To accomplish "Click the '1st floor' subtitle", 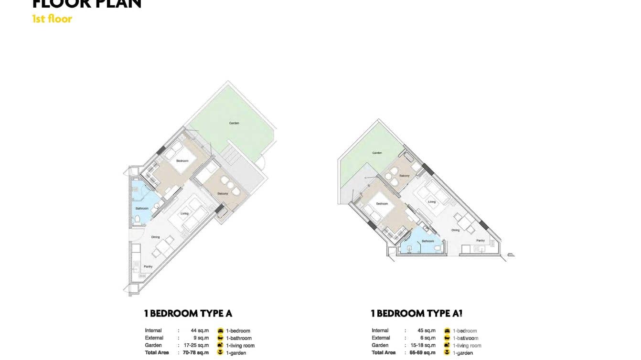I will pos(52,19).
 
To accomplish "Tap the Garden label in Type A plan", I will pos(234,123).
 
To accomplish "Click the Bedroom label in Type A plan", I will pos(182,161).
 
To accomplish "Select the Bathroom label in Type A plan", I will pos(142,209).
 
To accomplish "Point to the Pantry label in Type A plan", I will pos(148,267).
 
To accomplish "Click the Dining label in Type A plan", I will pos(156,237).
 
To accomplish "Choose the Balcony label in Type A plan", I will pos(223,193).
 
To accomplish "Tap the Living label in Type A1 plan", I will pos(432,202).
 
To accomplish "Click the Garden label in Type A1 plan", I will pos(377,153).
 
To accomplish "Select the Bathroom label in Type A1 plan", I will pos(428,241).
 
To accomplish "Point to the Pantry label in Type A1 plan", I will pos(481,241).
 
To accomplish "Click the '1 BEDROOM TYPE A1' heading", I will pos(417,314).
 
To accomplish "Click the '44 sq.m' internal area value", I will pos(200,330).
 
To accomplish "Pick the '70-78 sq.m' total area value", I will pos(196,353).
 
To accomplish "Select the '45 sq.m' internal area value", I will pos(427,330).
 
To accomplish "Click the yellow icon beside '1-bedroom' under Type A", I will pos(221,330).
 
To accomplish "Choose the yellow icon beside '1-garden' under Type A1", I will pos(447,353).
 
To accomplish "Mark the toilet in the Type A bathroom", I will pos(138,219).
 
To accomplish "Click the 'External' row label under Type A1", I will pos(381,338).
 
